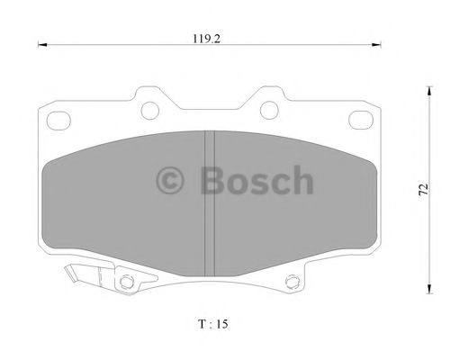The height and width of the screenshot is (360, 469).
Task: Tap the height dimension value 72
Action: [423, 191]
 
